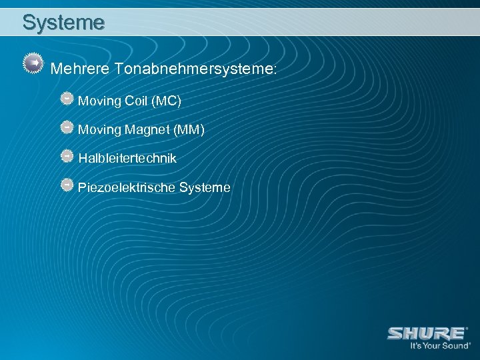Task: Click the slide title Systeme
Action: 63,22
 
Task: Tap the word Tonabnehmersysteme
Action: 194,69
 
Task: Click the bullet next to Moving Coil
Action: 67,98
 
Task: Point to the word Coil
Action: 135,101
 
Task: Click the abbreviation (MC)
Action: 166,101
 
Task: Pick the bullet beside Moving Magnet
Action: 67,127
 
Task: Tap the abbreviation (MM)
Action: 189,130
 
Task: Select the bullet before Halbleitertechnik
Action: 67,155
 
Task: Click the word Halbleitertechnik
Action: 127,159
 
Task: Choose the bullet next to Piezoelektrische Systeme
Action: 67,184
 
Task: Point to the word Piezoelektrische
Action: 127,188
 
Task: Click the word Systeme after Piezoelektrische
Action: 205,188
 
